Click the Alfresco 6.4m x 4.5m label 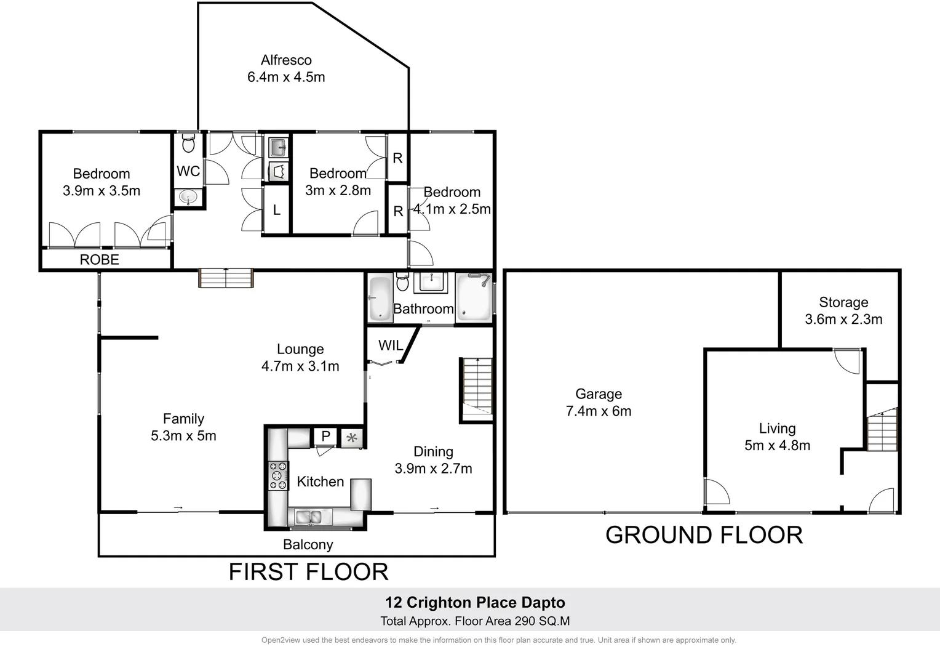[286, 68]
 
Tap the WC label [188, 171]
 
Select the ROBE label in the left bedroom [99, 260]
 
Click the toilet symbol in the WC [188, 143]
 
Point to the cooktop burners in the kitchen [278, 475]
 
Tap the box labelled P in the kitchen [325, 436]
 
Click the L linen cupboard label [276, 211]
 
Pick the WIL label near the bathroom [390, 345]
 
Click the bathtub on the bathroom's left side [380, 297]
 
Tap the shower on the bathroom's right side [474, 297]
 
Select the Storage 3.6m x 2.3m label [843, 311]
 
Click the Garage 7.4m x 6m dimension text [599, 411]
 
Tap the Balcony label [308, 545]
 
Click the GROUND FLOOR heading [704, 535]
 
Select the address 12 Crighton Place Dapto [475, 603]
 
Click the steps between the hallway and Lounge [226, 278]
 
